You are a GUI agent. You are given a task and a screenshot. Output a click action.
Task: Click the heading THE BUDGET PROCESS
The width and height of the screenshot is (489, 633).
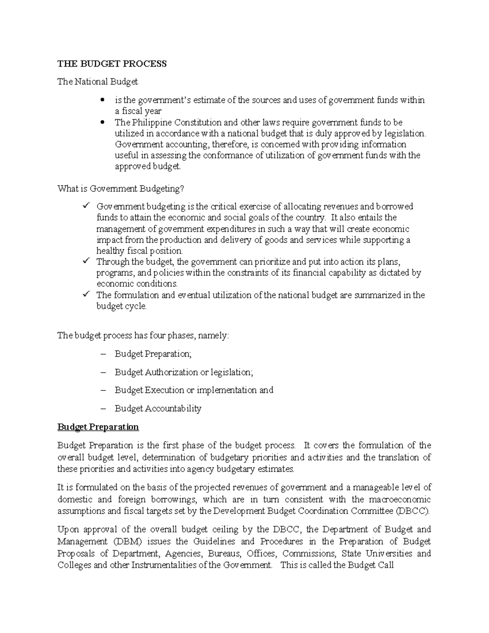(x=112, y=64)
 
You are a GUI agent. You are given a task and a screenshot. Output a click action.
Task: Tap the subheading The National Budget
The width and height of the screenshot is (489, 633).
(x=97, y=82)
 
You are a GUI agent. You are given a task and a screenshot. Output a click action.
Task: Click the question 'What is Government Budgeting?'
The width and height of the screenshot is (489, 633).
(x=121, y=189)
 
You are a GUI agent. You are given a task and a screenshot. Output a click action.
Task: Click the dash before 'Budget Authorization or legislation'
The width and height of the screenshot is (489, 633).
(x=102, y=372)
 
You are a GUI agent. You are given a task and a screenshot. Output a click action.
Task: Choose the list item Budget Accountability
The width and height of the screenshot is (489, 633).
(x=158, y=408)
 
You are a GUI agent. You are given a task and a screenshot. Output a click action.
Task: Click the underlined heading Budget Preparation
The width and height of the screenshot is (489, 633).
(x=98, y=427)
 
